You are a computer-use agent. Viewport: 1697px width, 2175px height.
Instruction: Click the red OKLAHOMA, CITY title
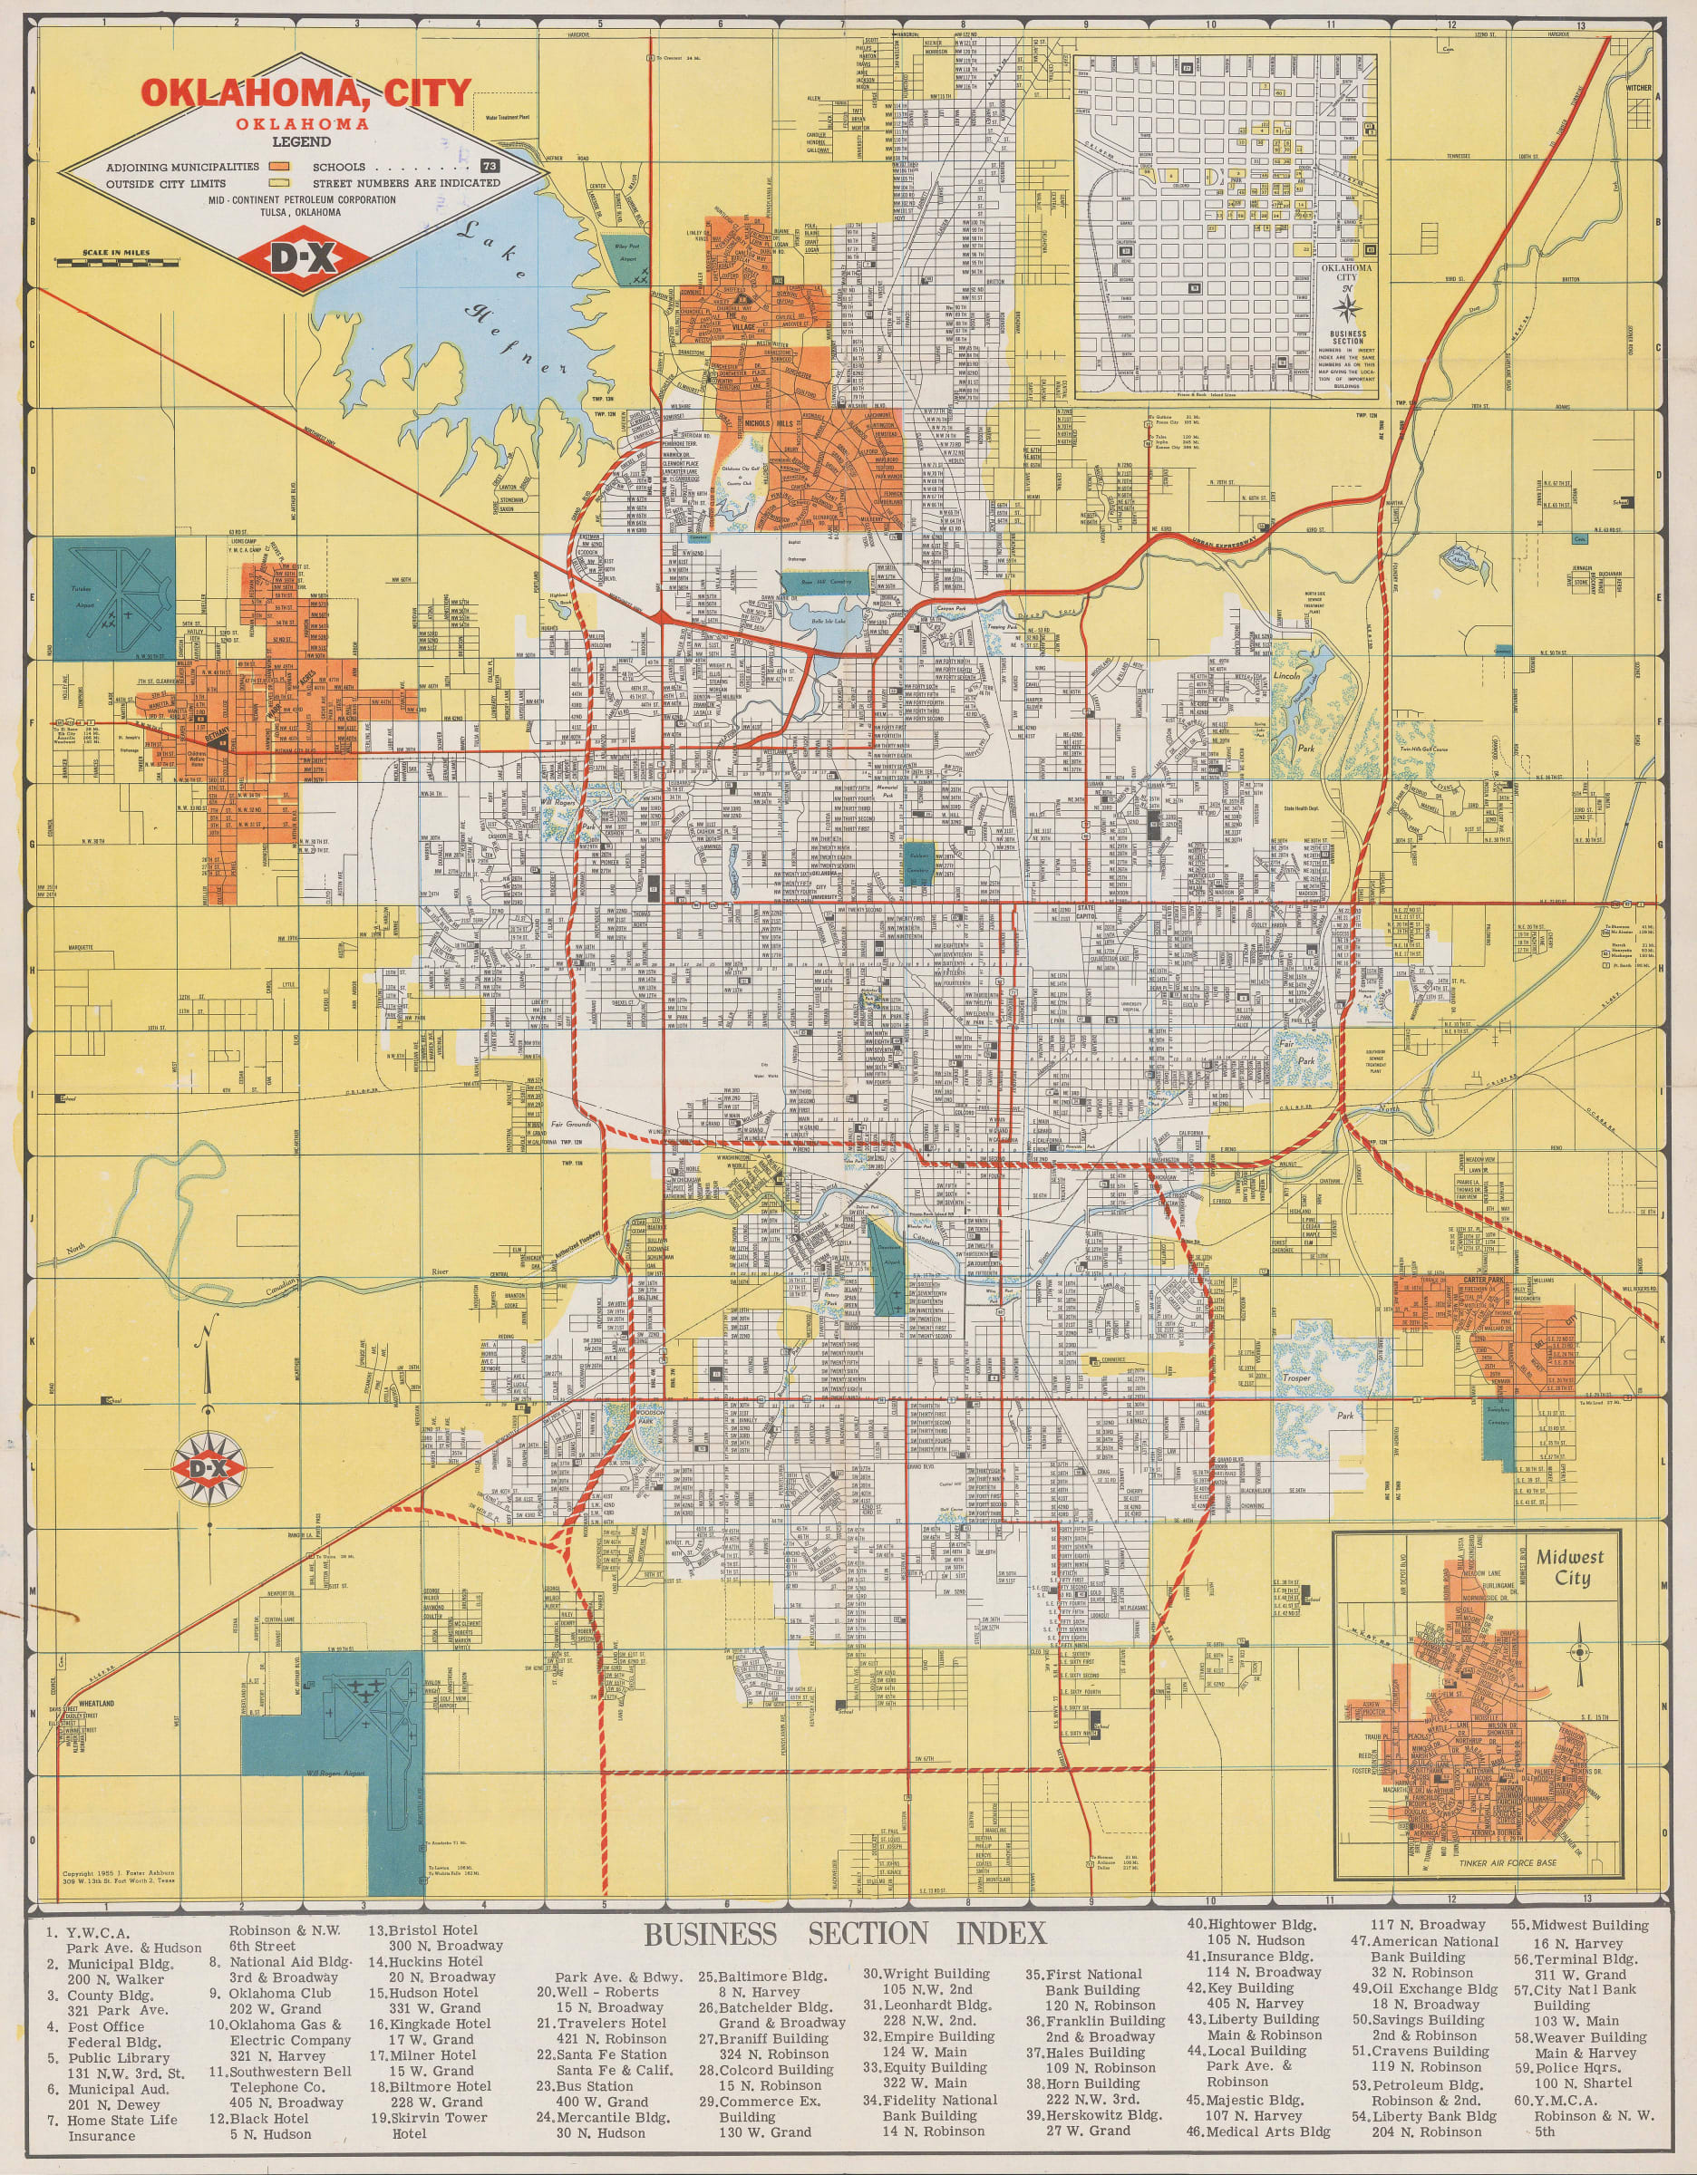tap(305, 92)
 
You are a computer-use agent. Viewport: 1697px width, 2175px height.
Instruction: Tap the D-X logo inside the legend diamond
tap(304, 258)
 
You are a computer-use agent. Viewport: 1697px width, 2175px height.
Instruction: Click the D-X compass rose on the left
tap(209, 1468)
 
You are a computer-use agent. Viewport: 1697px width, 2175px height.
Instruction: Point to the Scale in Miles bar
tap(118, 261)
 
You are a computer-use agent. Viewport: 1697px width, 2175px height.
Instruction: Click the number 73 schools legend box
tap(489, 167)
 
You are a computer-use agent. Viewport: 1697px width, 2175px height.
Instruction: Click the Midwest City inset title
tap(1569, 1567)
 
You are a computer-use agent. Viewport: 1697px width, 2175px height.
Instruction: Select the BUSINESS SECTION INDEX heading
tap(845, 1933)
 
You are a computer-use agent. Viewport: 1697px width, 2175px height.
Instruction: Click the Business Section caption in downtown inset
tap(1347, 340)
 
